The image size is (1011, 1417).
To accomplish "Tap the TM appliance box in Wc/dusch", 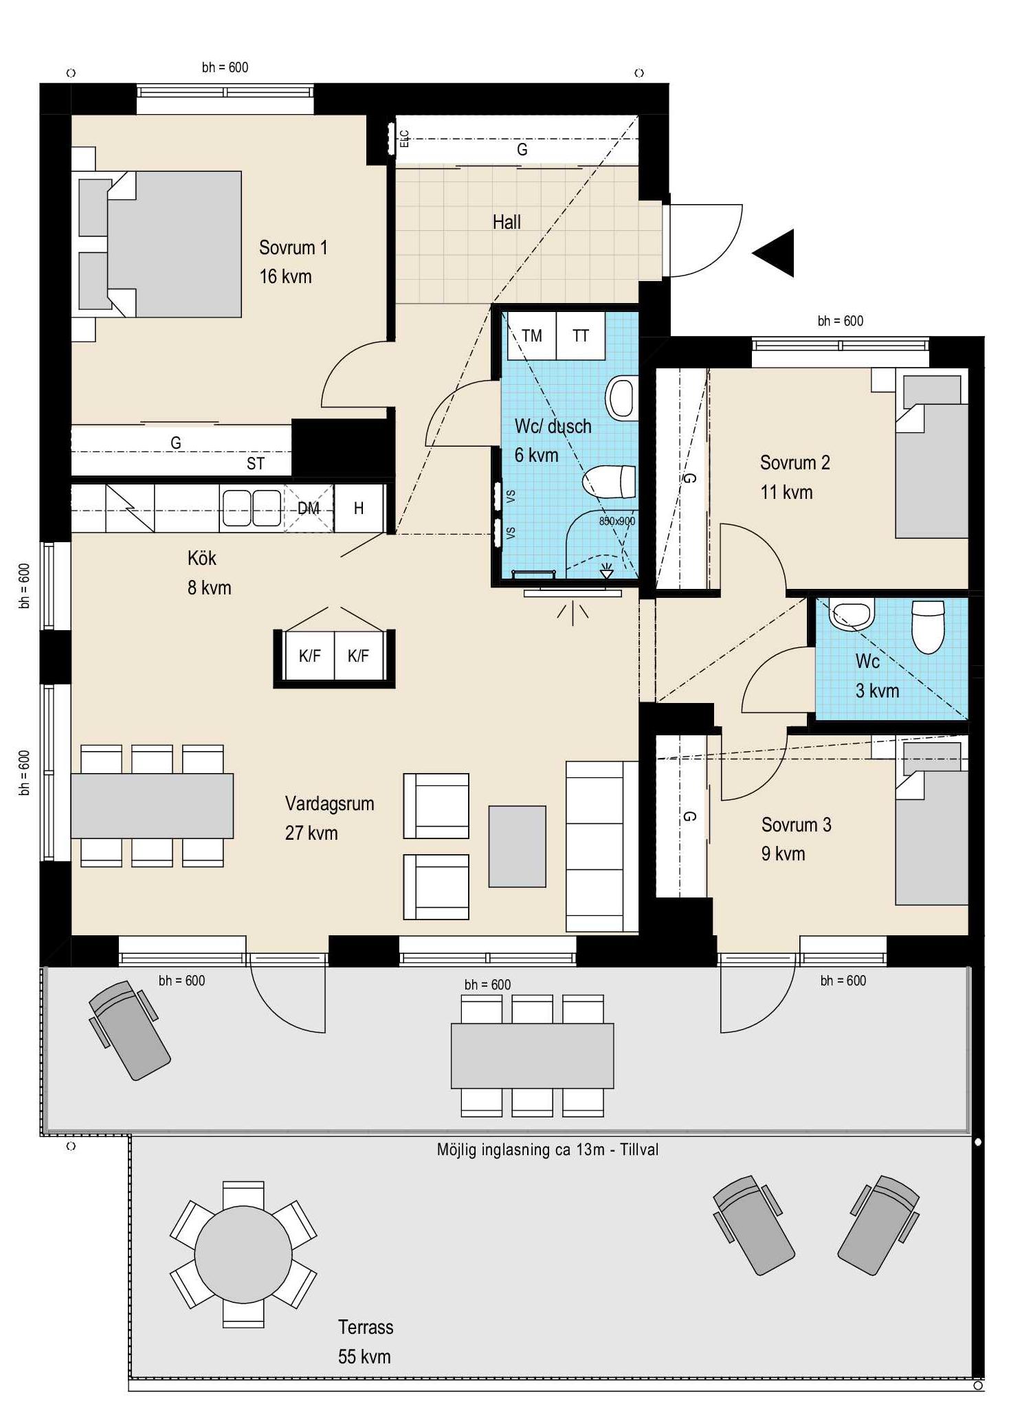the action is point(531,335).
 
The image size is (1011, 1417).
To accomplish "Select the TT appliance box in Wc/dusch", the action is point(581,335).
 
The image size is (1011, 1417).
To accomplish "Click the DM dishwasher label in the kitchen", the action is point(309,509).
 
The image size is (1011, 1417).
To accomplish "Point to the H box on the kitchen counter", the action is point(359,509).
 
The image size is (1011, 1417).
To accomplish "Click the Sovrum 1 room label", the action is point(293,247).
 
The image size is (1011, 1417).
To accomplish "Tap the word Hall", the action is point(507,222).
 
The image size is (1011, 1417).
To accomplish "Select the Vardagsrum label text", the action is point(330,804).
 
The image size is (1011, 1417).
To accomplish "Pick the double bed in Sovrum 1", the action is point(160,244).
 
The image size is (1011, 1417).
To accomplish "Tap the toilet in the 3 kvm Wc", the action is point(928,626).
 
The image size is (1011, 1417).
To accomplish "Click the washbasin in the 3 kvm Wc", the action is point(852,613).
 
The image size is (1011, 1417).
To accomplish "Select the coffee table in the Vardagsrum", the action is point(518,847).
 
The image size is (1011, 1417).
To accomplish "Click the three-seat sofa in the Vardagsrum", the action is point(602,847).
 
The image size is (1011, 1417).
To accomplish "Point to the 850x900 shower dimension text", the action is point(616,522).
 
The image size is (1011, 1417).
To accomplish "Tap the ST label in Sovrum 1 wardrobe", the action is point(256,464).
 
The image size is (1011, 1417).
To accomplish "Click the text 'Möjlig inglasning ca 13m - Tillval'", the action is point(548,1150).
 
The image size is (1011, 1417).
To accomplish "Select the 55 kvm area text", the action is point(364,1357).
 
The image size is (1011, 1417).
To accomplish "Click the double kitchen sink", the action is point(252,509).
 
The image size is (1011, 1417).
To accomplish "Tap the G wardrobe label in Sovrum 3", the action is point(689,816).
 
